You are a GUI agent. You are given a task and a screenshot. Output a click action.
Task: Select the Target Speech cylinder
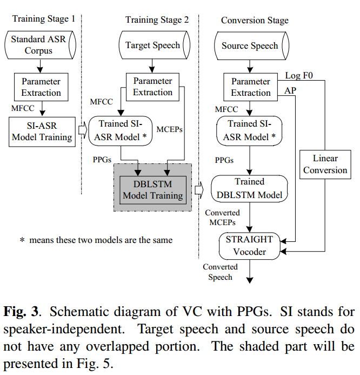pyautogui.click(x=152, y=45)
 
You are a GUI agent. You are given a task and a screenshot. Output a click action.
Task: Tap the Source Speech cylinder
pyautogui.click(x=250, y=45)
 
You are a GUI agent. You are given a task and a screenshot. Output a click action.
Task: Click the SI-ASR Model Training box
pyautogui.click(x=42, y=131)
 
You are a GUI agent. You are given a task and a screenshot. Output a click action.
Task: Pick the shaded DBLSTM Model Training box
pyautogui.click(x=152, y=189)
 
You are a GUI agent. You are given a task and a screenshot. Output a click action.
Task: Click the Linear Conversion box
pyautogui.click(x=325, y=164)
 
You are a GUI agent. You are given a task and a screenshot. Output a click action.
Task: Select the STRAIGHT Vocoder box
pyautogui.click(x=250, y=245)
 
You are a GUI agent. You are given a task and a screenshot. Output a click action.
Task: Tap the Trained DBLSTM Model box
pyautogui.click(x=250, y=187)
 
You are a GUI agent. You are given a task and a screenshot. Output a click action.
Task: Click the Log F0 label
pyautogui.click(x=299, y=75)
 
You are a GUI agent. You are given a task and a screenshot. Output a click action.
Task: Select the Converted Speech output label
pyautogui.click(x=220, y=272)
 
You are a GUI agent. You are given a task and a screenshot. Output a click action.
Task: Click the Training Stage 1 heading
pyautogui.click(x=44, y=19)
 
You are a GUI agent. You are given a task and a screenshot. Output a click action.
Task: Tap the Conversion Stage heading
pyautogui.click(x=255, y=20)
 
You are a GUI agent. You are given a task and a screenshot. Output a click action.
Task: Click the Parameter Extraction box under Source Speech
pyautogui.click(x=250, y=87)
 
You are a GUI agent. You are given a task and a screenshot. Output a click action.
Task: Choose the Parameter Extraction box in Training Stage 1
pyautogui.click(x=41, y=87)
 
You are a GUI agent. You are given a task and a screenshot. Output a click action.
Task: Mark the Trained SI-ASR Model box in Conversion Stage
pyautogui.click(x=250, y=131)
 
